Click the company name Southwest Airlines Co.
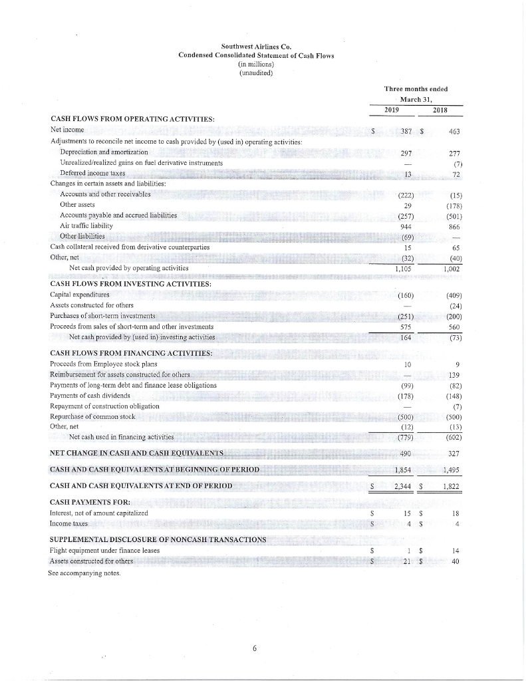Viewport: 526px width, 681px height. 256,46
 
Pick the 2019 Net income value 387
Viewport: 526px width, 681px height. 402,132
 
